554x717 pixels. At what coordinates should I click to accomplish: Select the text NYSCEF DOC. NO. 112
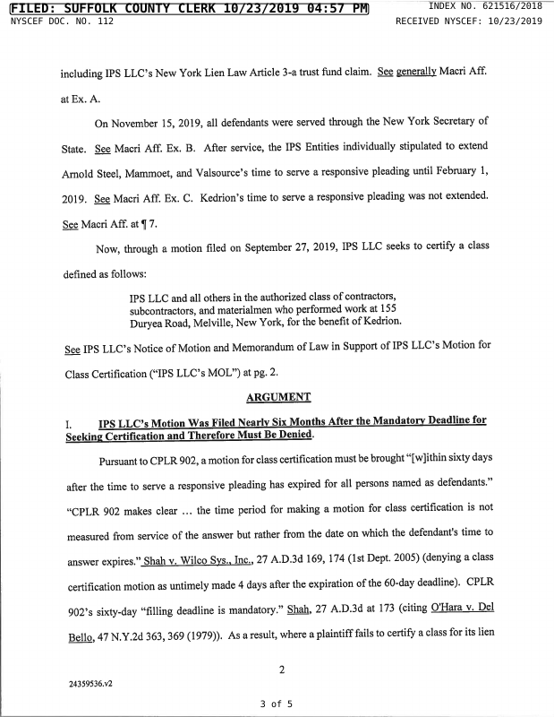62,21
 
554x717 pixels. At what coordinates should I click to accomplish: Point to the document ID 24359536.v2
90,682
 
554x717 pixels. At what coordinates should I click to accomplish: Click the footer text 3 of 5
276,704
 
